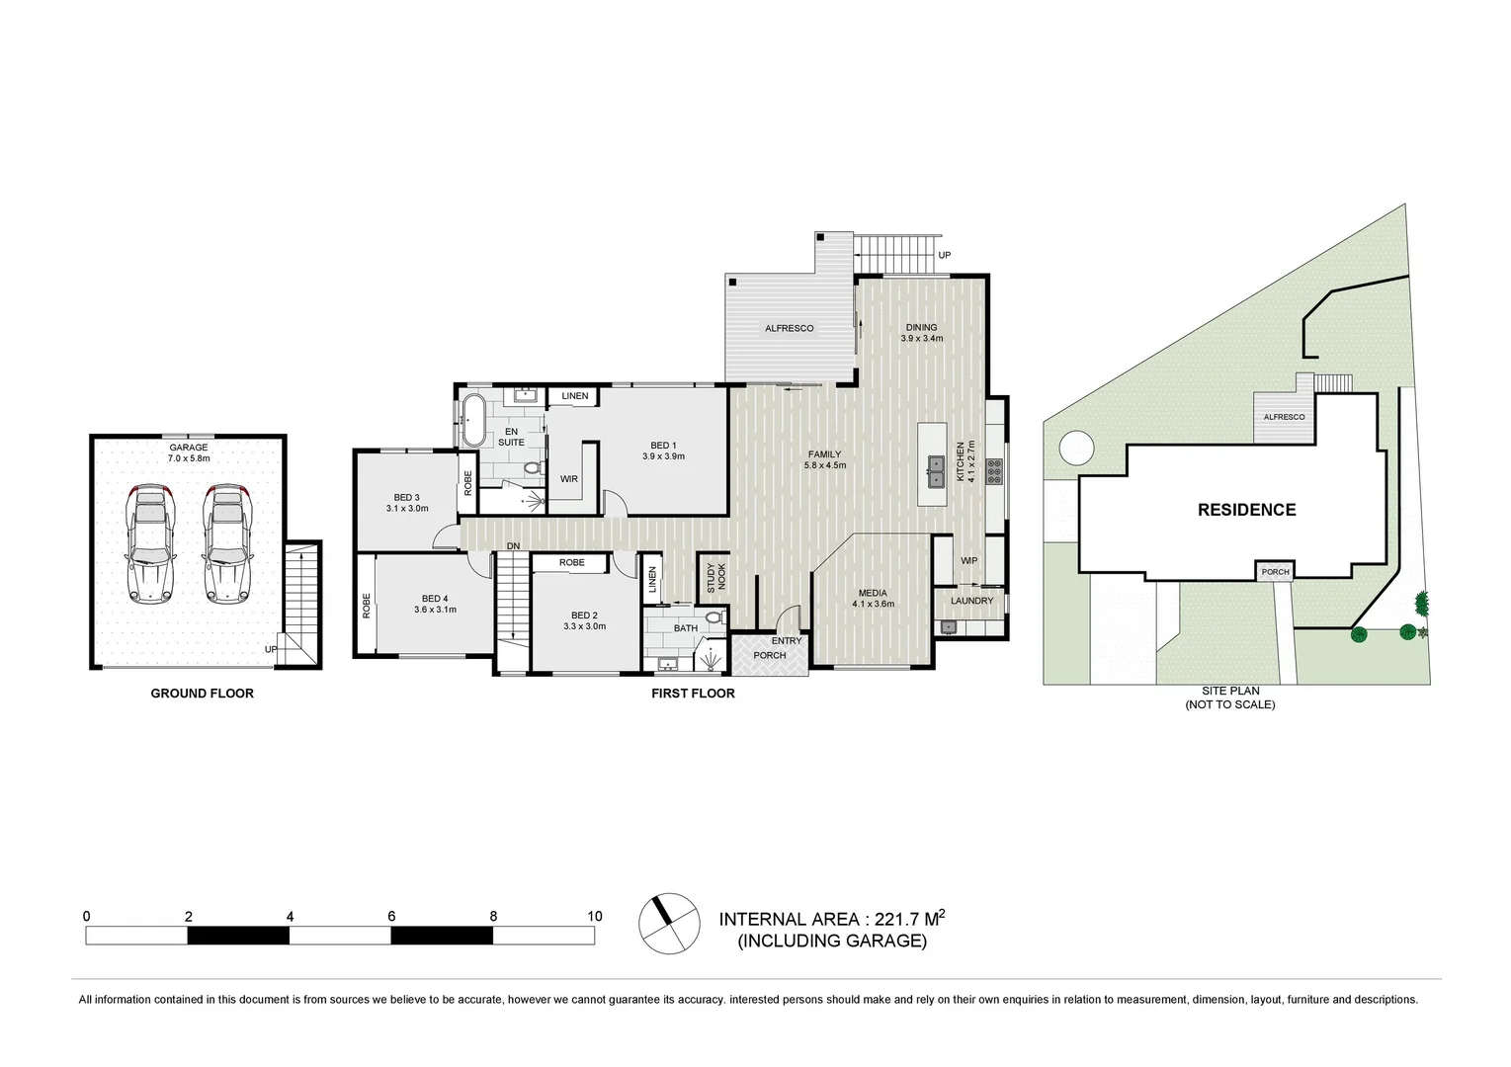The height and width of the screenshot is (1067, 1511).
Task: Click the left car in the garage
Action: (x=150, y=543)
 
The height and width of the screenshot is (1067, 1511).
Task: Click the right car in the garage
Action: (x=227, y=543)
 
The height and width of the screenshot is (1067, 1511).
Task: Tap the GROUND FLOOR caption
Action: (x=202, y=694)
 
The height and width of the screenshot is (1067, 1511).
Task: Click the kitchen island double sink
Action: (x=935, y=471)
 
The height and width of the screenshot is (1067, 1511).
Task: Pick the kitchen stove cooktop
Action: (x=994, y=472)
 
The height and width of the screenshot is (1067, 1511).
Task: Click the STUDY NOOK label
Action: (x=715, y=577)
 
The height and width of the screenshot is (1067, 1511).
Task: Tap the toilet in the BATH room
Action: (x=714, y=617)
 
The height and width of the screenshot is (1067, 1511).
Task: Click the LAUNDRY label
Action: (x=971, y=601)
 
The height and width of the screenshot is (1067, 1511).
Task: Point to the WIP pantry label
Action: (x=968, y=561)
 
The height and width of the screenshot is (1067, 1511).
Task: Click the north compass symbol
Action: (x=668, y=924)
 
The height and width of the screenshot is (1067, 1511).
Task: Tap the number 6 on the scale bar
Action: (x=391, y=916)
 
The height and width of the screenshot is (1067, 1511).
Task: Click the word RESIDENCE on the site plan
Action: (x=1246, y=510)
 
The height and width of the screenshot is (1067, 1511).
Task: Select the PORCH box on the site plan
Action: (x=1275, y=572)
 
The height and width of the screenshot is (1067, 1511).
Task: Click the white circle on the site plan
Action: (x=1077, y=448)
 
